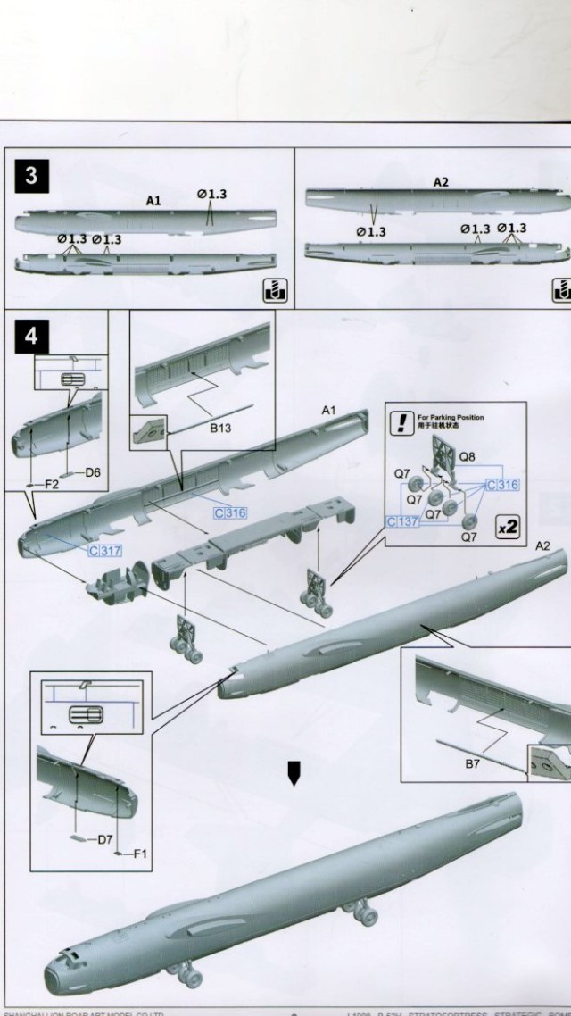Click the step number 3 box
pyautogui.click(x=31, y=176)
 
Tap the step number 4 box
pyautogui.click(x=32, y=337)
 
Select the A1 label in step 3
pyautogui.click(x=153, y=202)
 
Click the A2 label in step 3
pyautogui.click(x=441, y=182)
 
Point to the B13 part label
pyautogui.click(x=220, y=429)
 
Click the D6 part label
pyautogui.click(x=94, y=471)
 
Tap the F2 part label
pyautogui.click(x=52, y=484)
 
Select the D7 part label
pyautogui.click(x=104, y=838)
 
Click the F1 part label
pyautogui.click(x=140, y=854)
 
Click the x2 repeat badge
pyautogui.click(x=508, y=528)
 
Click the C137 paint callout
pyautogui.click(x=402, y=520)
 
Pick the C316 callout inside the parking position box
pyautogui.click(x=501, y=485)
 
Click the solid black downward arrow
pyautogui.click(x=293, y=773)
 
